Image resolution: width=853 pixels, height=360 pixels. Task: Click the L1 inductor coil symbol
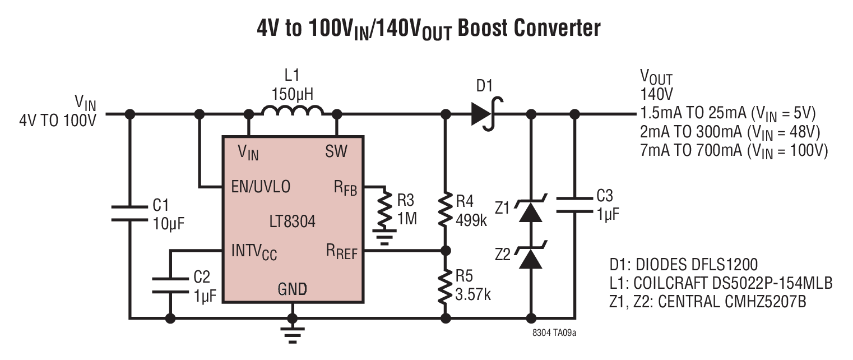(x=293, y=110)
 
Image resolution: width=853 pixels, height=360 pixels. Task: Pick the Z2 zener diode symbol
(x=531, y=255)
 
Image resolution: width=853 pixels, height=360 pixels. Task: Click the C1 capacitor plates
(x=129, y=213)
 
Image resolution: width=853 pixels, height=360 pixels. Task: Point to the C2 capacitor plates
(x=170, y=286)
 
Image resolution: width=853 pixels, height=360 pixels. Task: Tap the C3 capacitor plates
(x=574, y=205)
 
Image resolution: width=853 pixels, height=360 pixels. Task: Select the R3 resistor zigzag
(x=386, y=209)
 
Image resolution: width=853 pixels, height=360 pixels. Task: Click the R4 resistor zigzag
(x=445, y=209)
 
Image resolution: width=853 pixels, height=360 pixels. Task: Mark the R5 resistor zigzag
(x=445, y=287)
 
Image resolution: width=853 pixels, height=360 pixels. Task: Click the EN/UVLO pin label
(x=261, y=187)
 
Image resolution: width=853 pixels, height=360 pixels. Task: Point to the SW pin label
(x=336, y=151)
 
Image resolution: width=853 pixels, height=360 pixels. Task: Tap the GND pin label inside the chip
(x=292, y=289)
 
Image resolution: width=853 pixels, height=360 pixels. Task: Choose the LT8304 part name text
(x=292, y=221)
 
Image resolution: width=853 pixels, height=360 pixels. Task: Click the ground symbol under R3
(x=384, y=237)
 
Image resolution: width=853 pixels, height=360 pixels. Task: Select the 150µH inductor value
(x=292, y=94)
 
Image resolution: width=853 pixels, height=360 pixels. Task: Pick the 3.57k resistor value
(x=473, y=294)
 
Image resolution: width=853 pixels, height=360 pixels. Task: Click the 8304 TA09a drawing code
(x=554, y=333)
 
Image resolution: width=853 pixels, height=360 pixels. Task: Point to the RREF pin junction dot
(x=446, y=251)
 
